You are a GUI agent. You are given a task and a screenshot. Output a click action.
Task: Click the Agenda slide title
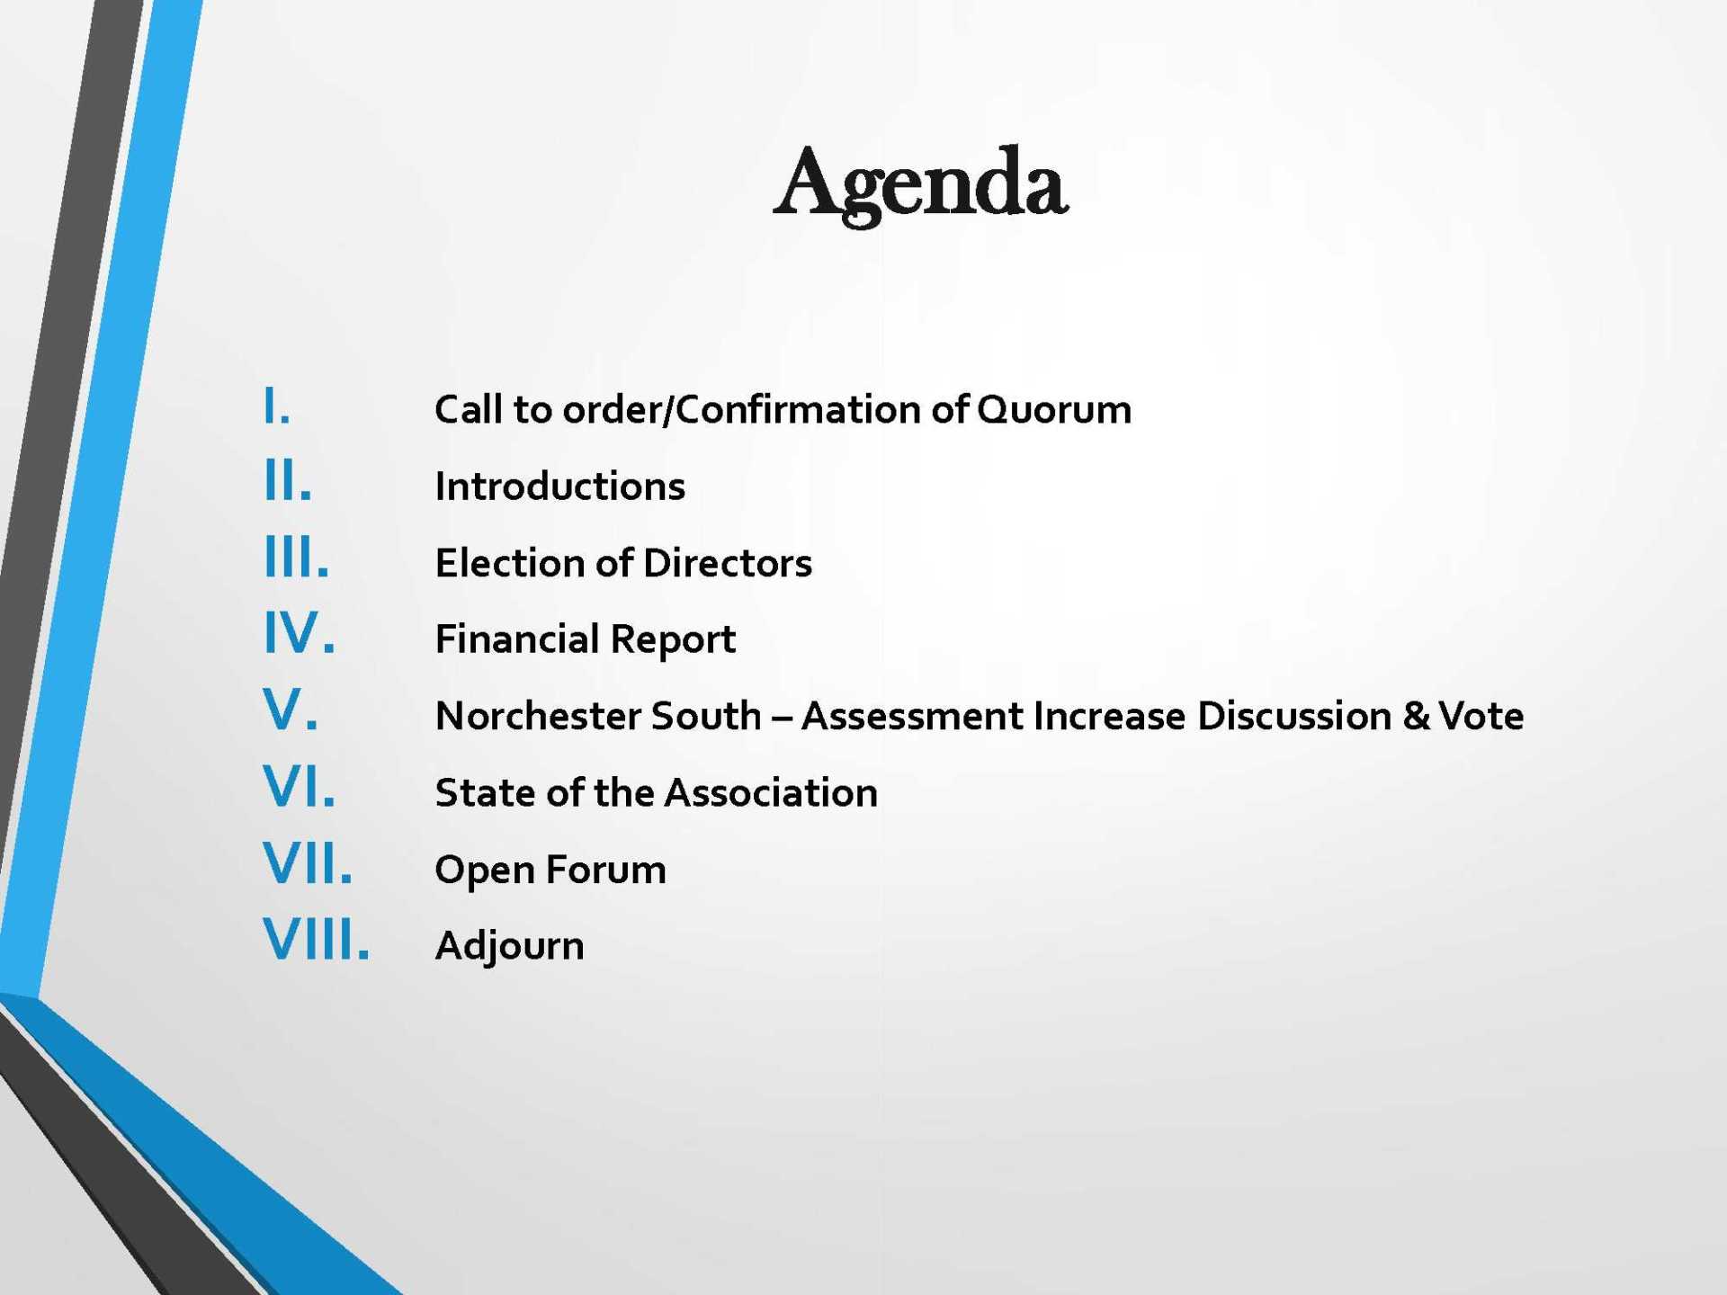coord(921,185)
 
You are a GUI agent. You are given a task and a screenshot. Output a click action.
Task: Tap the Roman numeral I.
coord(277,406)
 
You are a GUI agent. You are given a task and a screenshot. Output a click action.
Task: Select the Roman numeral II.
coord(288,481)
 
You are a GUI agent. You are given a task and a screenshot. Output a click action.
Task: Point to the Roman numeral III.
coord(297,557)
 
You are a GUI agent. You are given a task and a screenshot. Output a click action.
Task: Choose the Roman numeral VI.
coord(300,786)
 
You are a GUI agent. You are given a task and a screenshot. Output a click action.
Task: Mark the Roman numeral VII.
coord(308,863)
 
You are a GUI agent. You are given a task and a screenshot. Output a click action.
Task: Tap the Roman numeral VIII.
coord(317,940)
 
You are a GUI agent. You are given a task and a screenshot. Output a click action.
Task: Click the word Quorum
coord(1054,410)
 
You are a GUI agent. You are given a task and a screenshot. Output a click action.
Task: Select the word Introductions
coord(560,487)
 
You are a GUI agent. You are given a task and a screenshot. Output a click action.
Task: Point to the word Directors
coord(728,563)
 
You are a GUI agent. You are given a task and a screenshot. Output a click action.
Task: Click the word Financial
coord(517,639)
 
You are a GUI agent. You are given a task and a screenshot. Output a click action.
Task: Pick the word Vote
coord(1481,717)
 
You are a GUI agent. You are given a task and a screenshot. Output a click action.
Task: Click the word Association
coord(771,793)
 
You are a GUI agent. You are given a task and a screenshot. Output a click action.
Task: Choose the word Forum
coord(606,870)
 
